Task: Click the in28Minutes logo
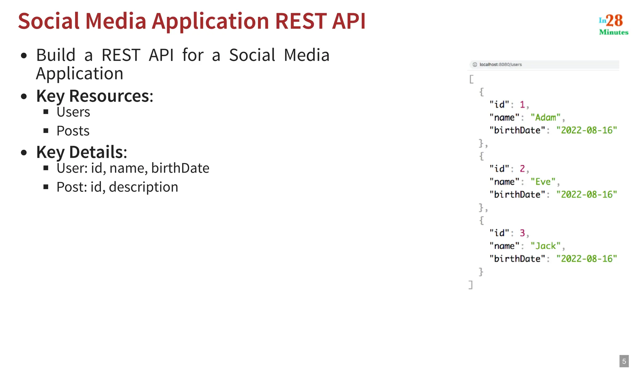tap(613, 24)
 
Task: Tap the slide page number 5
tap(624, 361)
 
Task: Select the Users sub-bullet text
tap(73, 112)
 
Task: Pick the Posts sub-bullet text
tap(73, 131)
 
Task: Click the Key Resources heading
tap(95, 96)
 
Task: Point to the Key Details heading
tap(82, 152)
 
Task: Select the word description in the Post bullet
tap(144, 187)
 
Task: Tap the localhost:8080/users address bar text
tap(500, 64)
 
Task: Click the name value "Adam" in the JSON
tap(545, 117)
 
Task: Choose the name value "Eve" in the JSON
tap(543, 182)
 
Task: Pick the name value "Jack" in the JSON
tap(545, 246)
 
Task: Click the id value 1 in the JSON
tap(522, 105)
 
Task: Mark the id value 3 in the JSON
tap(522, 233)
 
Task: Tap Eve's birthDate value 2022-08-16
tap(587, 195)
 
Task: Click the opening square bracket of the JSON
tap(471, 79)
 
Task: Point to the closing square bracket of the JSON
tap(471, 285)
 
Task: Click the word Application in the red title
tap(210, 21)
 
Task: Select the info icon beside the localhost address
tap(475, 64)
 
